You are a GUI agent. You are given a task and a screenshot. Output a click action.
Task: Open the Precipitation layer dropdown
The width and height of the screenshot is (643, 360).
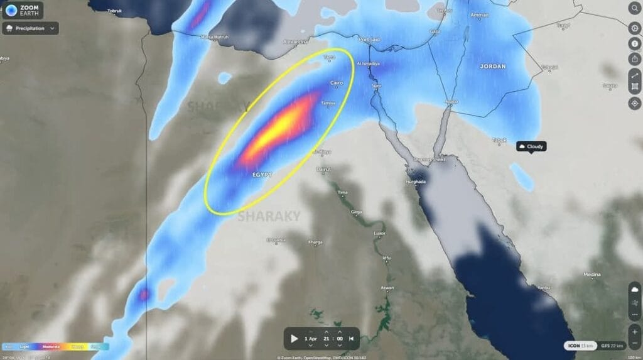(x=31, y=28)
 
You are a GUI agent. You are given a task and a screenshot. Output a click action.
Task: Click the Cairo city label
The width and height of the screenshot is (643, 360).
(x=337, y=83)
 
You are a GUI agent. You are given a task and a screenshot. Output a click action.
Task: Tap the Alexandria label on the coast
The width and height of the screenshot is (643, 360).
(x=296, y=41)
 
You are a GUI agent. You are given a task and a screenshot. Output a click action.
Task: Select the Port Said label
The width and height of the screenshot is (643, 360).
(x=369, y=40)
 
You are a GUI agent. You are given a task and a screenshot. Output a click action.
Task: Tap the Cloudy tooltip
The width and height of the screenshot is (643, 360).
(x=531, y=146)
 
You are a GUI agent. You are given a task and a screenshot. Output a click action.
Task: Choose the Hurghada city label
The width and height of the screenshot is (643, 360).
(x=416, y=182)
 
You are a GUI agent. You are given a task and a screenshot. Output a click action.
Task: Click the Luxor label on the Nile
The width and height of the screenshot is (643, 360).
(x=379, y=233)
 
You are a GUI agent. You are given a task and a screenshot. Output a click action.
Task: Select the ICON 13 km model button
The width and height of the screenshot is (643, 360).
(x=579, y=346)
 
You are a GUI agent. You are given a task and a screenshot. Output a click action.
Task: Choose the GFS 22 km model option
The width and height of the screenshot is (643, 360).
(x=612, y=346)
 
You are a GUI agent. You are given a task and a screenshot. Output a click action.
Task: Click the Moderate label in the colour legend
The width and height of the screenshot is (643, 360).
(x=51, y=346)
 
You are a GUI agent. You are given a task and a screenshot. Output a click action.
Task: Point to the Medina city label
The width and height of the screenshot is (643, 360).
(x=592, y=275)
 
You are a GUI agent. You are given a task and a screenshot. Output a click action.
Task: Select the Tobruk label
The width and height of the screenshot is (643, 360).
(x=114, y=11)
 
